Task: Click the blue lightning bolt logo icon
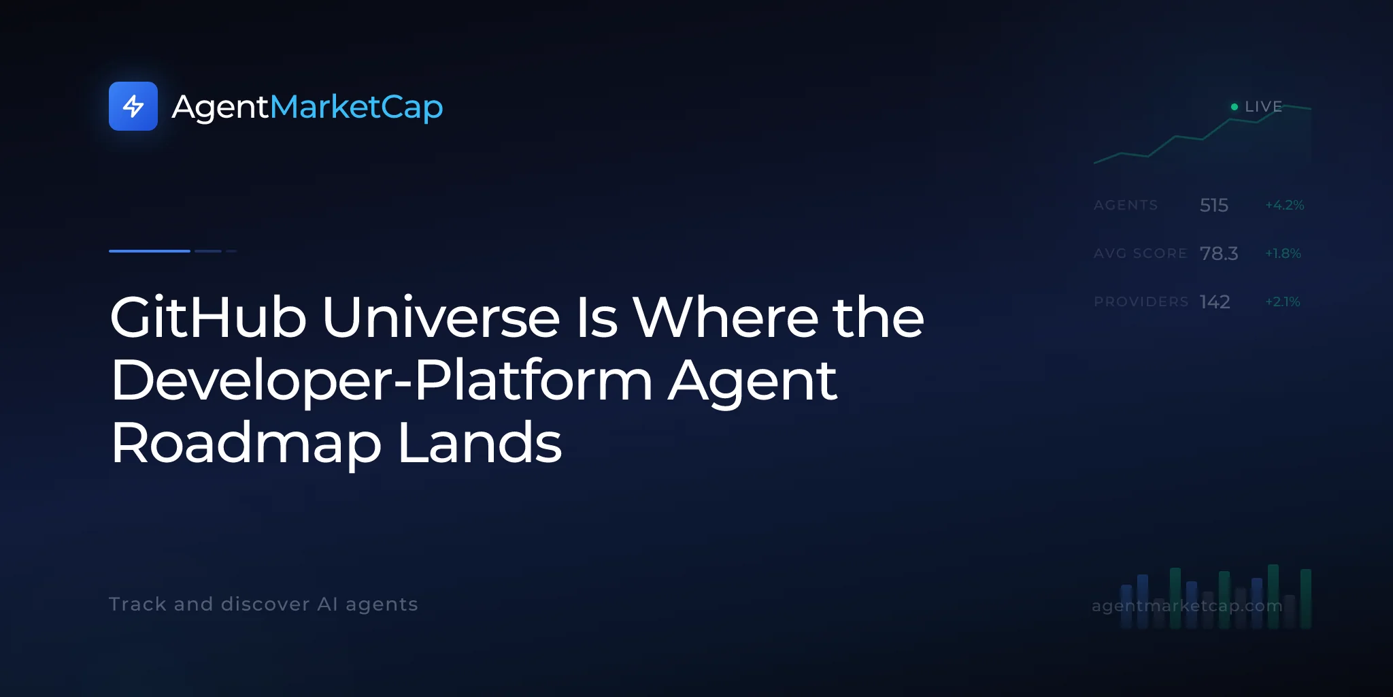point(133,106)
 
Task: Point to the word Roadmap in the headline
point(246,443)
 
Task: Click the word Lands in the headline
point(480,443)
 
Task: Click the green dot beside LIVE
point(1235,107)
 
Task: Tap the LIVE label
point(1263,107)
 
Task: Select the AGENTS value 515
point(1213,205)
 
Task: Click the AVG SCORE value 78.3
point(1219,253)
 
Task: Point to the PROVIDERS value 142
point(1215,302)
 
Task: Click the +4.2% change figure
point(1284,205)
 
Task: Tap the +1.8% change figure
point(1283,253)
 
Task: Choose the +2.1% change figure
point(1282,302)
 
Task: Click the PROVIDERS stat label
point(1141,302)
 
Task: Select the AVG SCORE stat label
point(1140,253)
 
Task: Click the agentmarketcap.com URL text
point(1187,606)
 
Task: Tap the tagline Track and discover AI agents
point(263,604)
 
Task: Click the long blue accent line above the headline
point(150,251)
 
